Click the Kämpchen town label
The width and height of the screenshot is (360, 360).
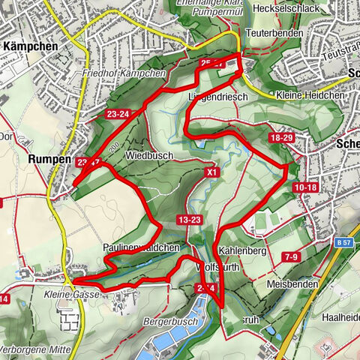coord(31,46)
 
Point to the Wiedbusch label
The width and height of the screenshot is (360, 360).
coord(150,155)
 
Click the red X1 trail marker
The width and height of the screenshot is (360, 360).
coord(213,172)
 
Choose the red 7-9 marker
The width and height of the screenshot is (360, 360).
coord(292,257)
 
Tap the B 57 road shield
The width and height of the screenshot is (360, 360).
coord(344,242)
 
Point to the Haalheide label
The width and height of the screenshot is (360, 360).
coord(340,297)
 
